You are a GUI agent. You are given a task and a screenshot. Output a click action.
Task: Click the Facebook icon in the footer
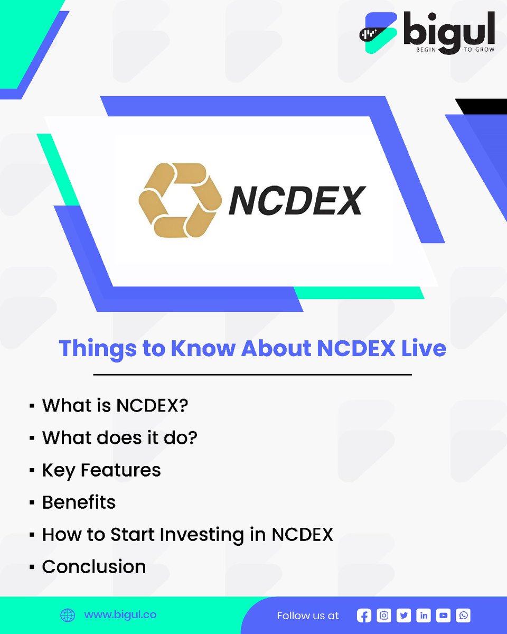pos(364,616)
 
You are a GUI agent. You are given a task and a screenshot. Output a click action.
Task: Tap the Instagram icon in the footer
pos(384,616)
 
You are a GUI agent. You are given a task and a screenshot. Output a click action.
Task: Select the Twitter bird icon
pos(404,616)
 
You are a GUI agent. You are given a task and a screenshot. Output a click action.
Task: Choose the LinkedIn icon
pos(424,616)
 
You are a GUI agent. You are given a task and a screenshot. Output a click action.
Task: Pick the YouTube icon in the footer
pos(444,616)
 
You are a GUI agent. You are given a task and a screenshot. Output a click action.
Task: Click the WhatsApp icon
pos(463,616)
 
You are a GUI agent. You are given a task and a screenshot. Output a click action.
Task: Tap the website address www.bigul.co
pos(120,615)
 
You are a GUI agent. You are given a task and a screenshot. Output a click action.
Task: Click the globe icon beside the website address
pos(68,616)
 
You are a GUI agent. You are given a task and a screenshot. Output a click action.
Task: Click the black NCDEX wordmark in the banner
pos(297,201)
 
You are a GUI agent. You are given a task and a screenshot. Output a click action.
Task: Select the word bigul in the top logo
pos(448,33)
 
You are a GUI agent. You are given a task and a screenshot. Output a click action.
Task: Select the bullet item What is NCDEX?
pos(115,406)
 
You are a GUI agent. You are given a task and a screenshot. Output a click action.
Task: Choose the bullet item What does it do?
pos(119,437)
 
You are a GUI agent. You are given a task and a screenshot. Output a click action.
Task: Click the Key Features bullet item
pos(101,470)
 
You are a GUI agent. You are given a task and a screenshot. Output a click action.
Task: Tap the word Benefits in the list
pos(79,502)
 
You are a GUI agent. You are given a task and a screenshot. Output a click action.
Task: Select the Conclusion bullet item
pos(94,566)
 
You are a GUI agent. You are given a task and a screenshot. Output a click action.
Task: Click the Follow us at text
pos(308,616)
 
